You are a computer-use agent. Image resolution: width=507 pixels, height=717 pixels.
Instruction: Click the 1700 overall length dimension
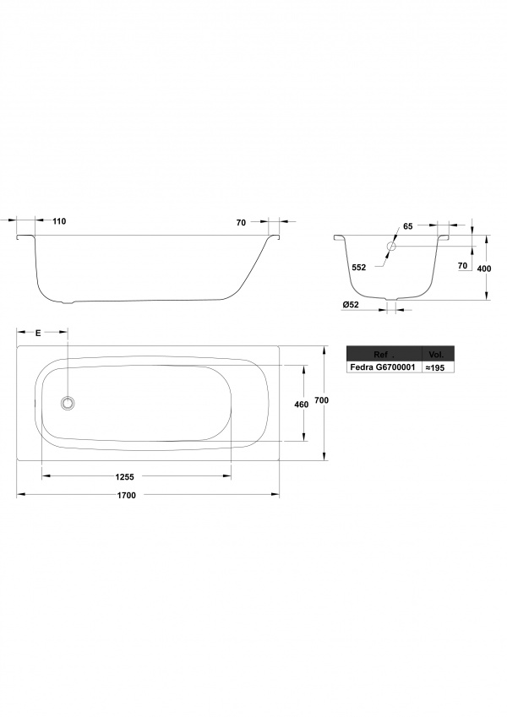point(126,495)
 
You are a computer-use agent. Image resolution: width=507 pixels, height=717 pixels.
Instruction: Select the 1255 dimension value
point(124,477)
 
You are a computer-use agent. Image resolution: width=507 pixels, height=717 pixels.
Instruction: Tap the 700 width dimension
point(322,400)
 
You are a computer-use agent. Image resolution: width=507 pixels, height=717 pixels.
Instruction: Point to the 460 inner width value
point(302,405)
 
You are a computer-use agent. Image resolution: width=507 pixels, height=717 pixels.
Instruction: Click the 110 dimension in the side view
point(59,221)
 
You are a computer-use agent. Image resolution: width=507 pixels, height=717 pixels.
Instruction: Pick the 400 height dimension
point(483,269)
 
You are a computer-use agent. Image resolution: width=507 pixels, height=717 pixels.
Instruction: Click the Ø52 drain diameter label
point(351,305)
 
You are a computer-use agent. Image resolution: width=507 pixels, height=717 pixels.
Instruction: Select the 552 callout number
point(359,268)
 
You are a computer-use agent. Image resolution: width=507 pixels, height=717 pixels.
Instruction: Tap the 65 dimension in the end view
point(407,226)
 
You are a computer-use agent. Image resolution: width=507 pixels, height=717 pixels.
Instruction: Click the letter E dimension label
point(38,334)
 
